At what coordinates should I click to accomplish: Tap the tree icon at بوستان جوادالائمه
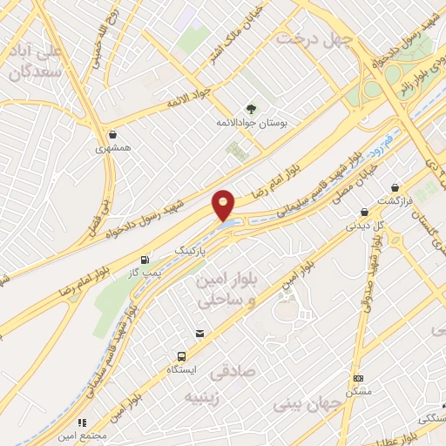pyautogui.click(x=252, y=109)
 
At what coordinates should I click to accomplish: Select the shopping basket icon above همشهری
pyautogui.click(x=113, y=134)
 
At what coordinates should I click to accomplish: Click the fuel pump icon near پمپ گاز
pyautogui.click(x=145, y=260)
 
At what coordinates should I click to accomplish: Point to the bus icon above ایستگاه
pyautogui.click(x=181, y=356)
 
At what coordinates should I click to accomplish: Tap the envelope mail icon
pyautogui.click(x=200, y=334)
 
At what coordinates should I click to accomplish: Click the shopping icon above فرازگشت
pyautogui.click(x=396, y=187)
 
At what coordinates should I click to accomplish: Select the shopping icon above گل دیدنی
pyautogui.click(x=364, y=212)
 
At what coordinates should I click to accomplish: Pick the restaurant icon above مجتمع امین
pyautogui.click(x=83, y=422)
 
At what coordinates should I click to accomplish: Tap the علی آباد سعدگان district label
pyautogui.click(x=37, y=61)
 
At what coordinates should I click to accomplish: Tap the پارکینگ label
pyautogui.click(x=193, y=249)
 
